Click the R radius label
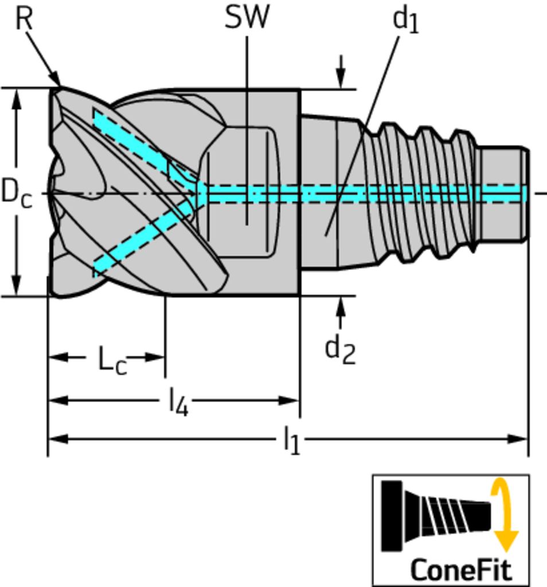tap(24, 18)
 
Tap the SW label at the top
tap(247, 17)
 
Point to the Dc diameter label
tap(16, 192)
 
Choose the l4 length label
tap(178, 403)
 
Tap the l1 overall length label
tap(291, 442)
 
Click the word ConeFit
tap(460, 570)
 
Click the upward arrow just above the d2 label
tap(341, 307)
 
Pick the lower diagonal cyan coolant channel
tap(143, 238)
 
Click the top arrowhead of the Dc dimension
tap(17, 99)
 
